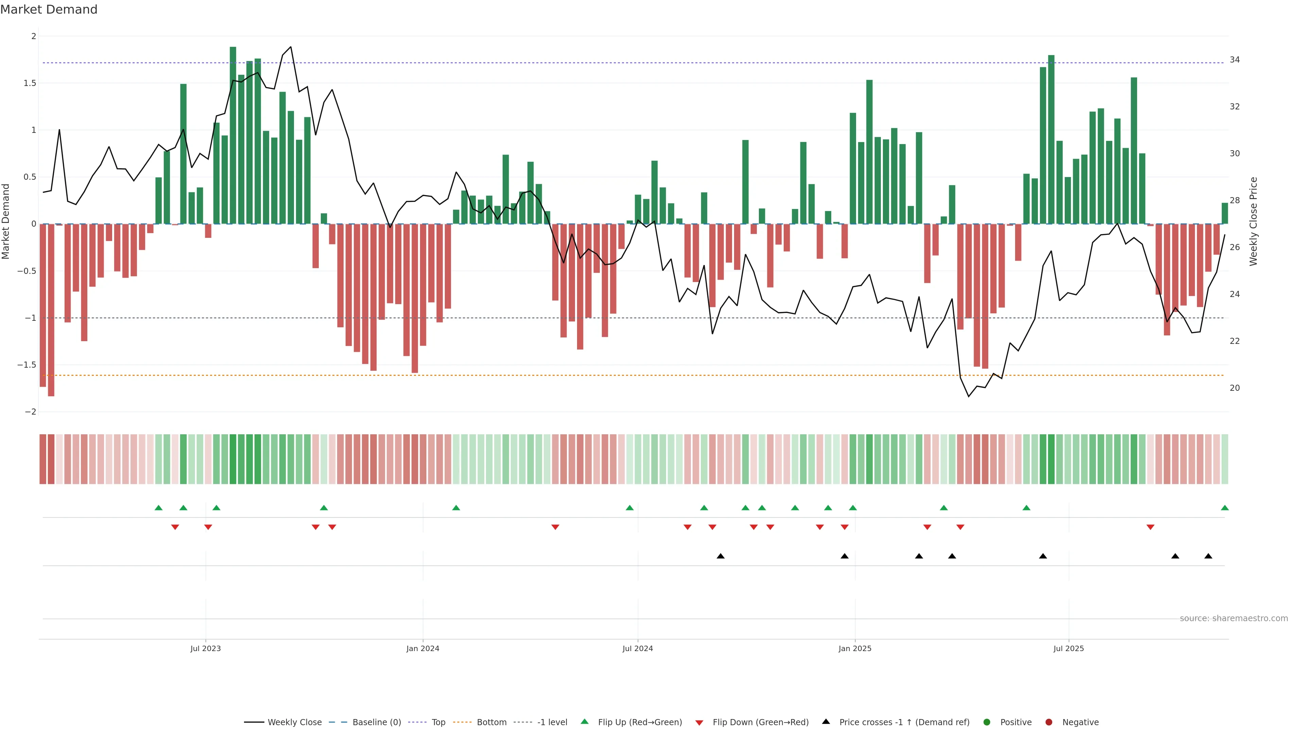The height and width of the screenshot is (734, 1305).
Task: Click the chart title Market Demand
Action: click(x=49, y=10)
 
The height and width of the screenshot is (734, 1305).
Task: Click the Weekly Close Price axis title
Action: click(x=1253, y=221)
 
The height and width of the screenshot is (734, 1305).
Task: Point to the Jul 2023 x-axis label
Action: click(x=205, y=648)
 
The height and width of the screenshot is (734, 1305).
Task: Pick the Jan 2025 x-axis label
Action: click(x=855, y=648)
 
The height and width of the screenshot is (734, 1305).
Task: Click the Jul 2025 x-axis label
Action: click(x=1068, y=648)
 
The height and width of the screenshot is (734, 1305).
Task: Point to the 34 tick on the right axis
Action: click(x=1235, y=60)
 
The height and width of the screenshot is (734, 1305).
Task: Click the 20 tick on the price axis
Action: click(x=1235, y=388)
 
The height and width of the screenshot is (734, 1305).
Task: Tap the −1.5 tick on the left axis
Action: click(x=27, y=365)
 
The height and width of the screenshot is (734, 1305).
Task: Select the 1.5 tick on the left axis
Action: click(x=29, y=83)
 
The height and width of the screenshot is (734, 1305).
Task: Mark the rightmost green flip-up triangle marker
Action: click(x=1224, y=508)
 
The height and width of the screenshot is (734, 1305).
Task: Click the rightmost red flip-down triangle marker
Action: click(x=1150, y=527)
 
